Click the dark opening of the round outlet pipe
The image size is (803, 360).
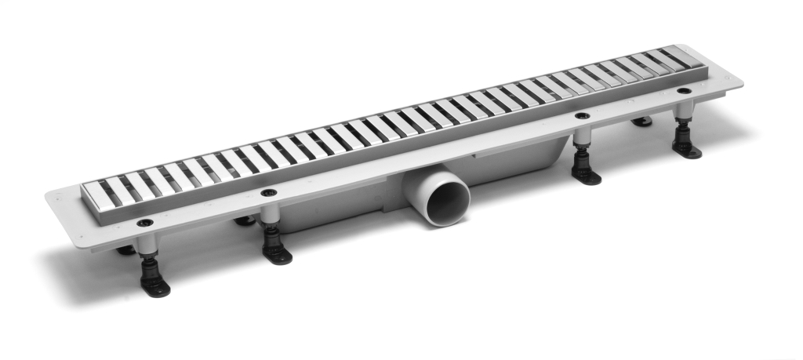(x=445, y=202)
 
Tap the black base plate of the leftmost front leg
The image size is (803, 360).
(x=154, y=285)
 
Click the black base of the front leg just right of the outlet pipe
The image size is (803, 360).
(x=586, y=176)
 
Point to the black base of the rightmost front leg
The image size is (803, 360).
(x=687, y=148)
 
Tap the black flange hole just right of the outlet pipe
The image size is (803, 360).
(x=582, y=116)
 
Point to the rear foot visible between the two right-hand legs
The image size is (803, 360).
(x=642, y=121)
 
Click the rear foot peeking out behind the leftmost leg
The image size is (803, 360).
(x=125, y=250)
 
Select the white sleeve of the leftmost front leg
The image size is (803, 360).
(x=147, y=244)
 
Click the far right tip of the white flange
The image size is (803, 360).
(x=743, y=80)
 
